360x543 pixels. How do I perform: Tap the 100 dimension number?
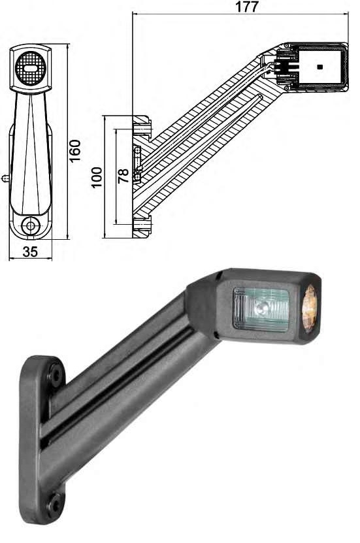(x=97, y=177)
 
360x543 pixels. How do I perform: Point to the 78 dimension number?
(x=123, y=176)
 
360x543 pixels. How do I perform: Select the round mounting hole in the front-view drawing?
(x=29, y=226)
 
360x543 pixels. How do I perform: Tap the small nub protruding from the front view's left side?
(x=6, y=177)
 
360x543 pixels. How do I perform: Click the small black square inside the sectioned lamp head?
(x=319, y=67)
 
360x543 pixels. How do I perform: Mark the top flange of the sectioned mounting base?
(x=142, y=125)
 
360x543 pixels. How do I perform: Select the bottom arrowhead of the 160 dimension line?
(x=69, y=239)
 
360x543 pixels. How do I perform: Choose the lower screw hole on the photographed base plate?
(x=54, y=502)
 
